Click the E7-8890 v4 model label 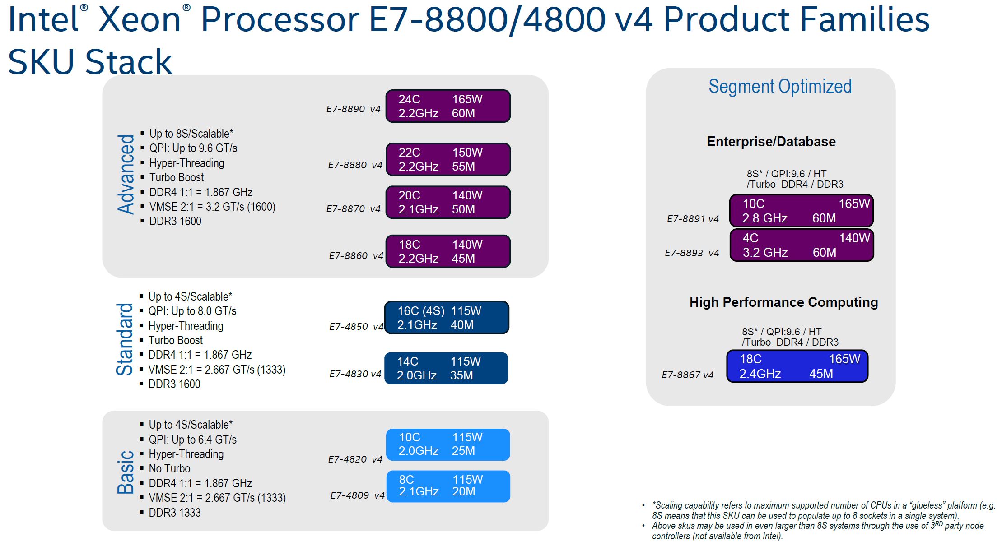tap(353, 109)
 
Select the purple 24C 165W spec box tap(448, 106)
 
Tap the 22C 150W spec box tap(448, 159)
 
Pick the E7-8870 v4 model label tap(353, 209)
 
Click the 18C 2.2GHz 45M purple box tap(448, 251)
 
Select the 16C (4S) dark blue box tap(447, 318)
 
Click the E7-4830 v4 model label tap(355, 374)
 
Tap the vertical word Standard tap(125, 339)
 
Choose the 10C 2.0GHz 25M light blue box tap(448, 444)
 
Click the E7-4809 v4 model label tap(357, 495)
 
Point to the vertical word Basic tap(126, 472)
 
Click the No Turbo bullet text tap(169, 468)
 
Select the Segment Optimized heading tap(780, 86)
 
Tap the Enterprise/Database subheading tap(771, 142)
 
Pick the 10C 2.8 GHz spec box tap(801, 211)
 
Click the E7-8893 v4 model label tap(691, 253)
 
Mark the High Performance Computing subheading tap(783, 302)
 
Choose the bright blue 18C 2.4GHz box tap(797, 366)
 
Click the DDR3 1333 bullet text tap(175, 513)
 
